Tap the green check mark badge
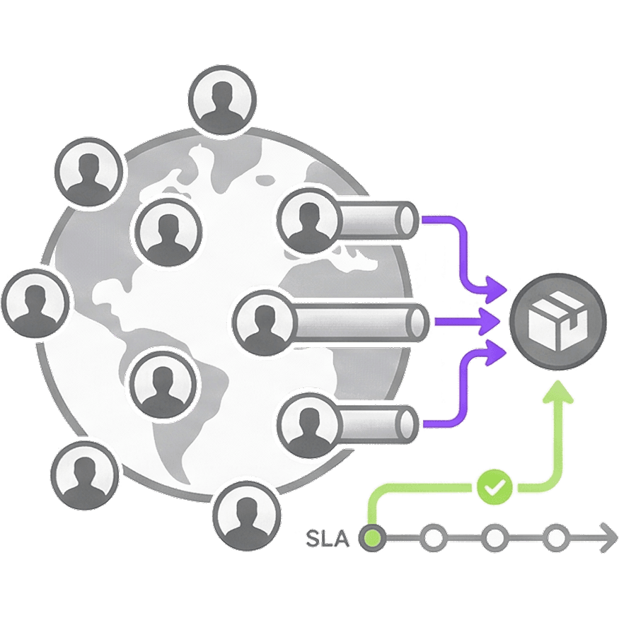click(x=494, y=487)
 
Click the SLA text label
click(x=329, y=538)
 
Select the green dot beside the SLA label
click(x=372, y=539)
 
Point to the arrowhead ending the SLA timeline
click(x=607, y=539)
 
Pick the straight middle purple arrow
click(x=467, y=322)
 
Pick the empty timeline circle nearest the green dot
click(x=432, y=539)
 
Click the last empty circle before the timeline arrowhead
click(x=557, y=539)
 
